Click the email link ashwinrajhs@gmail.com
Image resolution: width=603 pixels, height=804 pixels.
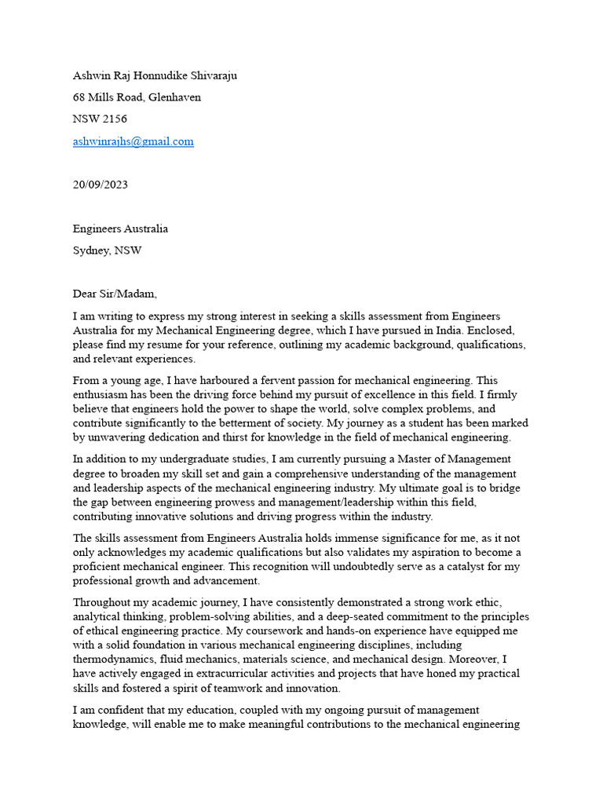click(x=133, y=141)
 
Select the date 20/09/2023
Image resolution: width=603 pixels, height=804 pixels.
click(x=100, y=185)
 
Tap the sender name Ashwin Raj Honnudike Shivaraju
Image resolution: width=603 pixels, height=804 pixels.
click(x=155, y=75)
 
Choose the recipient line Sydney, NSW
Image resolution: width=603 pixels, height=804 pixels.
click(x=108, y=251)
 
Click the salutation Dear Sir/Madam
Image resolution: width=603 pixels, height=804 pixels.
click(x=115, y=294)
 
